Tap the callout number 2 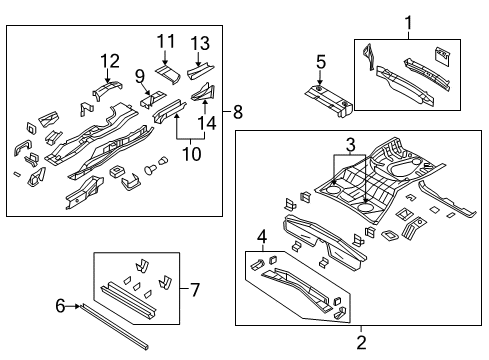(360, 342)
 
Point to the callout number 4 (261, 238)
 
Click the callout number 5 (320, 63)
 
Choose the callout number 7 (196, 290)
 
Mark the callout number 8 (239, 112)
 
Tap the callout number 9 (141, 75)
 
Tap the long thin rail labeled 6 (110, 327)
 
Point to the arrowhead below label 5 (320, 88)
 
